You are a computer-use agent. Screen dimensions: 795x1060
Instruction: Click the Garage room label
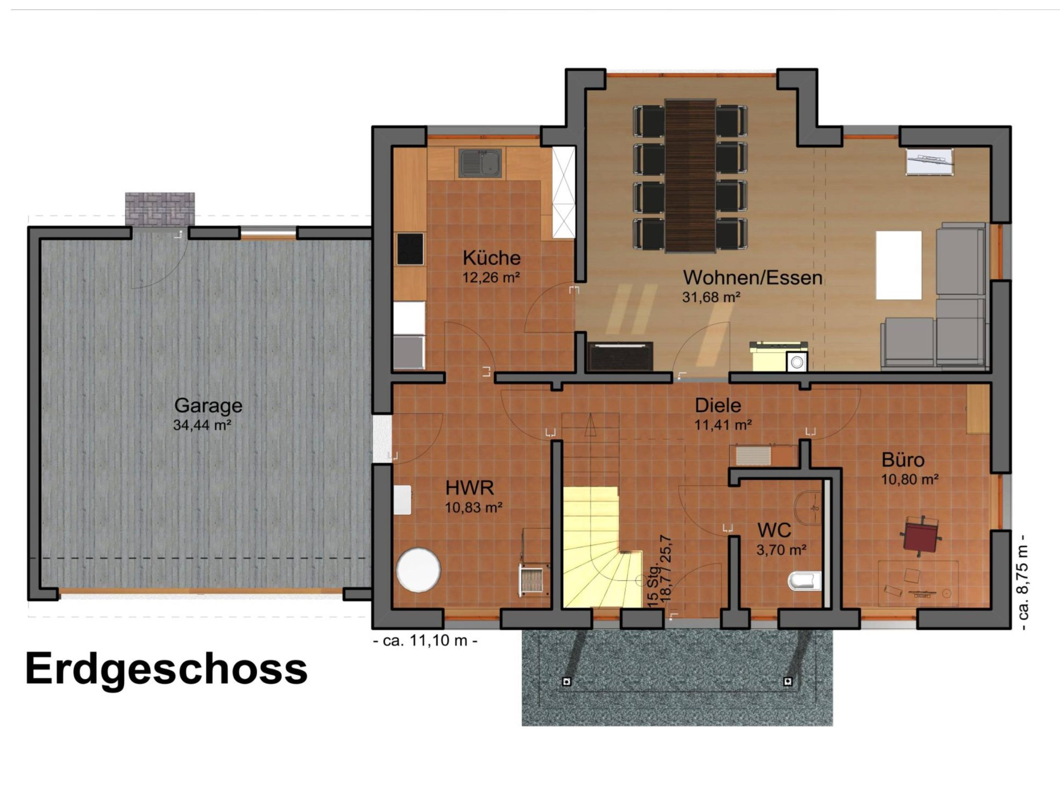click(x=208, y=405)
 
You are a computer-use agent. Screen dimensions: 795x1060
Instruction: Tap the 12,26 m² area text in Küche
click(x=491, y=277)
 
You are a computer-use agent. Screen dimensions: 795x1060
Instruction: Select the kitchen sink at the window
click(x=480, y=162)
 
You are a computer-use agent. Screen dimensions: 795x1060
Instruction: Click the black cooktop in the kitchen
click(x=410, y=249)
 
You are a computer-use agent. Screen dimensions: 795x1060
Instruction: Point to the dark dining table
click(x=690, y=176)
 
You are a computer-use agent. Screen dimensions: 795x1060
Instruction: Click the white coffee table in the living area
click(x=899, y=265)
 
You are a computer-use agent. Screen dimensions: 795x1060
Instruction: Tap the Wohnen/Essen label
click(x=752, y=277)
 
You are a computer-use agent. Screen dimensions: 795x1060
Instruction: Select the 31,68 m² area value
click(x=711, y=297)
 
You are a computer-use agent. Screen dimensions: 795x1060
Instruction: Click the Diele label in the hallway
click(x=718, y=405)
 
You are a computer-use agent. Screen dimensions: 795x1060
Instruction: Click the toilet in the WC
click(x=805, y=581)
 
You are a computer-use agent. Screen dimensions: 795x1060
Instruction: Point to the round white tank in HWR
click(x=418, y=570)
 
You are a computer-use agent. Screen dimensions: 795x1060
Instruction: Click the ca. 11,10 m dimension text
click(x=425, y=640)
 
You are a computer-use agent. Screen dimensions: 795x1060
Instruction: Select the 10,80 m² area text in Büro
click(x=910, y=479)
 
